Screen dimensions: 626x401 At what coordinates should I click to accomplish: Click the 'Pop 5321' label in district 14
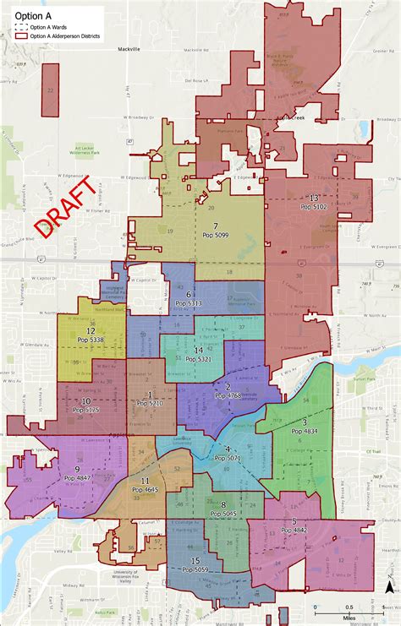198,359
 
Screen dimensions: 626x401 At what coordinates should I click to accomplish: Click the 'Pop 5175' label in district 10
86,410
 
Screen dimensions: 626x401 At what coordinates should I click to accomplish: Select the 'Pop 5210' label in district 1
150,404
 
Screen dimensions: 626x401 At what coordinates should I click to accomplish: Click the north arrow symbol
388,587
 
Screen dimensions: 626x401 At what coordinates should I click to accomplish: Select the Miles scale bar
337,608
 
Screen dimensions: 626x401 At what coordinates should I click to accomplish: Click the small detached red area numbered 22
52,91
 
